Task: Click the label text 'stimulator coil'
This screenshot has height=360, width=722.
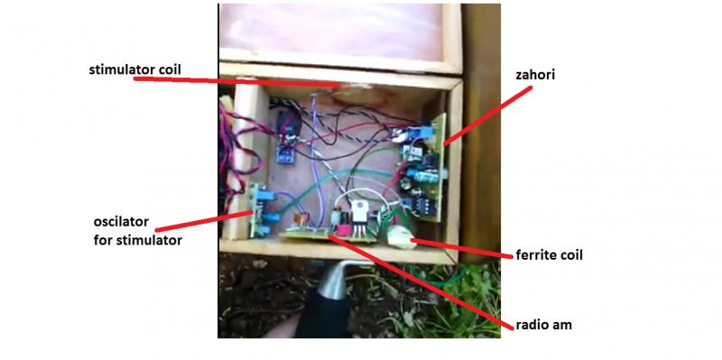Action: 134,70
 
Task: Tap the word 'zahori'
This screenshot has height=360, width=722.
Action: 535,75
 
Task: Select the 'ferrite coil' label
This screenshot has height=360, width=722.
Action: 549,254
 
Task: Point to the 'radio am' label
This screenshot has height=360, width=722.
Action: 543,325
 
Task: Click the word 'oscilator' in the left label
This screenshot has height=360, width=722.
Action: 121,222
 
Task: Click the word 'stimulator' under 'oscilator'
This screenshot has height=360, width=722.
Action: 149,240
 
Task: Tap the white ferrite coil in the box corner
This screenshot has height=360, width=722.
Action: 400,237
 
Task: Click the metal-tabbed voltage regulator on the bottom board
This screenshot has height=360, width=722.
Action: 359,217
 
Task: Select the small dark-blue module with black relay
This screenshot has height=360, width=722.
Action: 287,137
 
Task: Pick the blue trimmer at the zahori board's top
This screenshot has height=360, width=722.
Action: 426,134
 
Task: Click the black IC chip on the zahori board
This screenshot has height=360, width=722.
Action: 421,207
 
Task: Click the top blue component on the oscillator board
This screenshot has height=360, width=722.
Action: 265,196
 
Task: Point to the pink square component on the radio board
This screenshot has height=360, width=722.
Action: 343,230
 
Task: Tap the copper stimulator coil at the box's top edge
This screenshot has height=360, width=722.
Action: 354,94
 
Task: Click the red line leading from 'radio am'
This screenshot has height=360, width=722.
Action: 421,282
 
